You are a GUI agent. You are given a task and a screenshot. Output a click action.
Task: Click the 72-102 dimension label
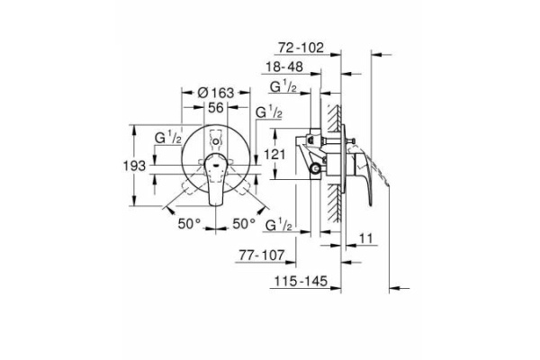point(301,48)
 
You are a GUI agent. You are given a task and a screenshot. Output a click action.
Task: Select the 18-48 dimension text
point(284,67)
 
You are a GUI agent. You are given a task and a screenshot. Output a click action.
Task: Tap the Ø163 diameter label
point(216,93)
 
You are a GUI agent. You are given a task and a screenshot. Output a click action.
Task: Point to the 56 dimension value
point(216,107)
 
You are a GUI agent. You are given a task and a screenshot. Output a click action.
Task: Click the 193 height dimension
point(135,166)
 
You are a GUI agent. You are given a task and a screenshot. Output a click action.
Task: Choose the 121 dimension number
point(274,154)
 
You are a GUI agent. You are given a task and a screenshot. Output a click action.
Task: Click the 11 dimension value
point(366,238)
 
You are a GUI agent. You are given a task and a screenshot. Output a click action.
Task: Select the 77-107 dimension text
point(263,256)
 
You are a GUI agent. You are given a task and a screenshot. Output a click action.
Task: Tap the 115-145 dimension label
point(301,281)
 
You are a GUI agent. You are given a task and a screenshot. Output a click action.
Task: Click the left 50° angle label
point(189,224)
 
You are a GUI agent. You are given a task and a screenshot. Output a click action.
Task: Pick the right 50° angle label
point(244,224)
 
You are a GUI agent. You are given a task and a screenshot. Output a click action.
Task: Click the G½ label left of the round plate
point(168,138)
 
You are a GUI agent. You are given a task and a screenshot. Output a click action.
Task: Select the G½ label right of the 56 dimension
point(269,112)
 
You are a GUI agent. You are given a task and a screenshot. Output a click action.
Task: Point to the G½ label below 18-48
point(283,86)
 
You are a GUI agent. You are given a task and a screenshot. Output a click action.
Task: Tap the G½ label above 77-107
point(279,225)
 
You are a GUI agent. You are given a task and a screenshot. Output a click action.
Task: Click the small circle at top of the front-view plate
point(216,141)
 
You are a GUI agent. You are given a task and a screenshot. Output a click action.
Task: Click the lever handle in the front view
point(216,180)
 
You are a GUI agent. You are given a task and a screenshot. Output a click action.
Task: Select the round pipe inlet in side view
point(314,168)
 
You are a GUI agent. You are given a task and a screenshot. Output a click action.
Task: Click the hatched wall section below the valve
point(335,202)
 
